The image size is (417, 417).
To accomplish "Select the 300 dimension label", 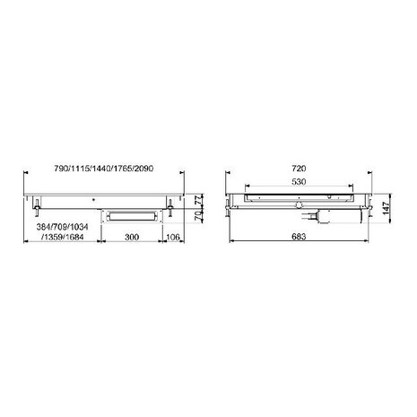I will tap(131, 238).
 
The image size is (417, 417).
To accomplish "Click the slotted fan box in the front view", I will tap(132, 213).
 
